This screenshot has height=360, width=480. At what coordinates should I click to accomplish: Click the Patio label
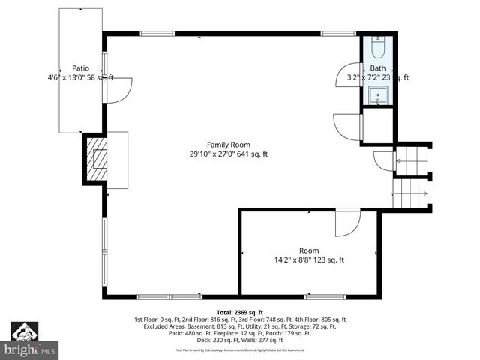80,67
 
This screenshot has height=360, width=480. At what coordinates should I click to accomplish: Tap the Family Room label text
229,145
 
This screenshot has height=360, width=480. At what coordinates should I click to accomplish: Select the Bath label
377,67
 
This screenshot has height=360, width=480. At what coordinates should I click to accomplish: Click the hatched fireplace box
94,160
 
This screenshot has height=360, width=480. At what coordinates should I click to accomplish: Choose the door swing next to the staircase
383,160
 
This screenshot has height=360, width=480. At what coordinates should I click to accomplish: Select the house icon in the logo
25,330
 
